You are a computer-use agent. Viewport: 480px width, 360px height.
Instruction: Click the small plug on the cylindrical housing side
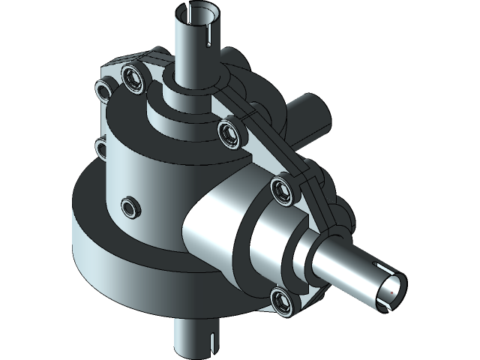pos(130,205)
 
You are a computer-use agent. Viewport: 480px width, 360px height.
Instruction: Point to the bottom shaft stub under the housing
pos(191,337)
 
